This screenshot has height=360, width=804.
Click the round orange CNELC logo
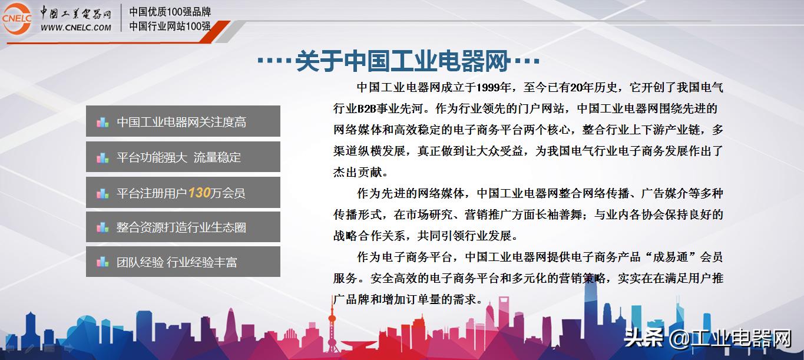(16, 18)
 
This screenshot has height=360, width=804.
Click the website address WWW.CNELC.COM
(76, 27)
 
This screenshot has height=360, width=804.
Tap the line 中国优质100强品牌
(170, 12)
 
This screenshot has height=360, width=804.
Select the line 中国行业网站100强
(170, 26)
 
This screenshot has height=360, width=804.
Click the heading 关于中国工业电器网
(402, 61)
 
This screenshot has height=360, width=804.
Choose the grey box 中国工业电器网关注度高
(183, 122)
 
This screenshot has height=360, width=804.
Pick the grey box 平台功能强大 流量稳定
(183, 157)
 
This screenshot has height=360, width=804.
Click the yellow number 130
(199, 192)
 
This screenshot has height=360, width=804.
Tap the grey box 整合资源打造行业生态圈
(183, 227)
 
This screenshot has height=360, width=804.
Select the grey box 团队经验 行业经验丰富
(183, 262)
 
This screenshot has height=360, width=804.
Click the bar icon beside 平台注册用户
(102, 193)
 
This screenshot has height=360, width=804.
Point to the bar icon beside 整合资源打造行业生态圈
(102, 227)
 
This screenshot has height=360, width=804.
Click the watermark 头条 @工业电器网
(707, 339)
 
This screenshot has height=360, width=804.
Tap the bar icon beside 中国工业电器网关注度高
(102, 123)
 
